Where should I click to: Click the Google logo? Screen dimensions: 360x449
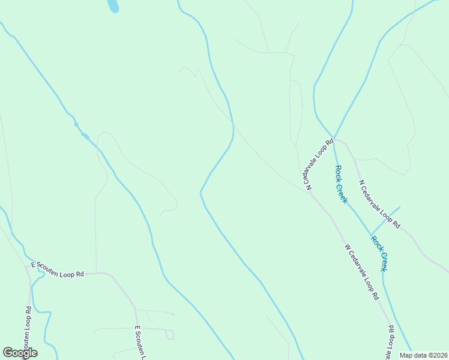[x=20, y=353]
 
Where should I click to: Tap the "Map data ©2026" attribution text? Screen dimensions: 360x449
[x=423, y=355]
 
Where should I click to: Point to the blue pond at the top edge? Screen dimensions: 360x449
[x=112, y=5]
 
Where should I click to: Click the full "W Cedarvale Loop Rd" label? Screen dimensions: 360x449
[x=362, y=271]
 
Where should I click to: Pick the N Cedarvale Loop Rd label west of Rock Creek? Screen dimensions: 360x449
[x=319, y=165]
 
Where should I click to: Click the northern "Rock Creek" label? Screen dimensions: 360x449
[x=341, y=184]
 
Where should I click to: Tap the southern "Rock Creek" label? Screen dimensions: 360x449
[x=379, y=253]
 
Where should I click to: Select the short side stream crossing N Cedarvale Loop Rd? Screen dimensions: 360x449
[x=385, y=221]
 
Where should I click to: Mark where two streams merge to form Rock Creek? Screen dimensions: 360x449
[x=333, y=137]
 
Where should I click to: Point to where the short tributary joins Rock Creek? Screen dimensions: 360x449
[x=370, y=234]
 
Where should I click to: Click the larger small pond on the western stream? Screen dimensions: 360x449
[x=85, y=136]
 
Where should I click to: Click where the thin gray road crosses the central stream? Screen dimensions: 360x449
[x=233, y=123]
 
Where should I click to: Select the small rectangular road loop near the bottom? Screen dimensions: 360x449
[x=170, y=335]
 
